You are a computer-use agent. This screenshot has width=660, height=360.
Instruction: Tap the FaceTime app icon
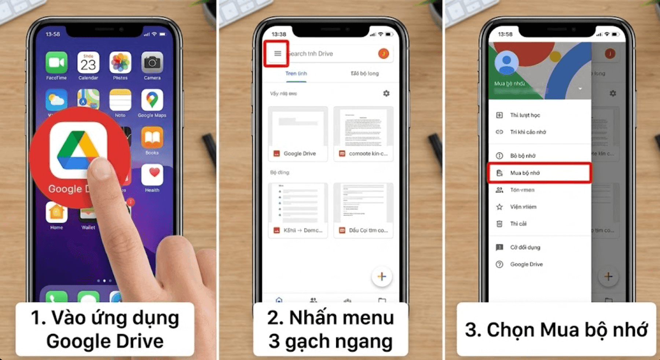click(56, 63)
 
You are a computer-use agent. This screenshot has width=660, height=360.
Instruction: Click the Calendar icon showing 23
click(88, 63)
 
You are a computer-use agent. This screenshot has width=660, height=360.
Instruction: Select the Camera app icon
click(152, 63)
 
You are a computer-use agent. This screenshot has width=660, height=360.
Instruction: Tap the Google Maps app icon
click(152, 100)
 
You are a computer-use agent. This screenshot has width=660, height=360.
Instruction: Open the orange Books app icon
click(152, 138)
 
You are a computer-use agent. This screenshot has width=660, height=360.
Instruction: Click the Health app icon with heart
click(152, 175)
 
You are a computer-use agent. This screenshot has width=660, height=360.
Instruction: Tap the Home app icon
click(56, 212)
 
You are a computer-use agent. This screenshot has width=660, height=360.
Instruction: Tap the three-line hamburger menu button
click(278, 54)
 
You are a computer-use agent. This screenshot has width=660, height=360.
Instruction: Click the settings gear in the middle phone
click(386, 93)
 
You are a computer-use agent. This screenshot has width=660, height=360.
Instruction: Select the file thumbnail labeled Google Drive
click(298, 134)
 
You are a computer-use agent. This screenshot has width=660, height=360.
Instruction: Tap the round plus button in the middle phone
click(382, 276)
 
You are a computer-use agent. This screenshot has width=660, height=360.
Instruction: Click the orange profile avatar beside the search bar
click(384, 54)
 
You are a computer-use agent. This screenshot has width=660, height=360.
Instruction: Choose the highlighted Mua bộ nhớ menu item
click(539, 173)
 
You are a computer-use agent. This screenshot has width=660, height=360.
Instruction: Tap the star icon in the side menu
click(499, 207)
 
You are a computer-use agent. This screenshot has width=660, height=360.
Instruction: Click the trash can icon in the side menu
click(499, 224)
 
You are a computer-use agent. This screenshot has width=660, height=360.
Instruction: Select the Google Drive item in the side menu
click(526, 264)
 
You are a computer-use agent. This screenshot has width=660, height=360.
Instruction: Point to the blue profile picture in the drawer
click(506, 63)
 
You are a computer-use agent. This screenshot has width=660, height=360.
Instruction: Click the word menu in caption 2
click(368, 317)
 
